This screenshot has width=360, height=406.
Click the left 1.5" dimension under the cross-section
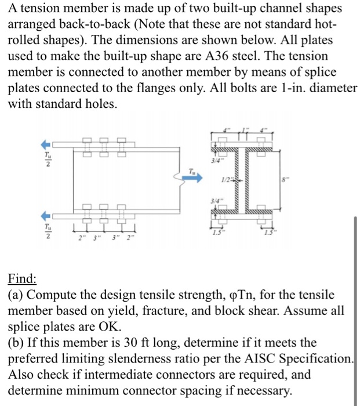pos(219,233)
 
